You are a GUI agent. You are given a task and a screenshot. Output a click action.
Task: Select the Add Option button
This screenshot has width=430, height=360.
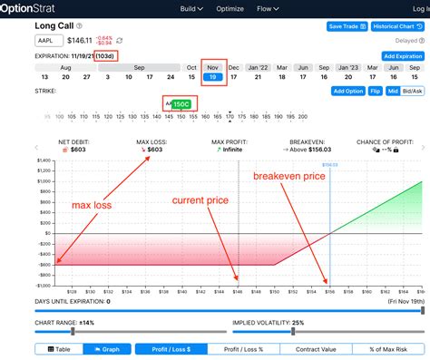(347, 92)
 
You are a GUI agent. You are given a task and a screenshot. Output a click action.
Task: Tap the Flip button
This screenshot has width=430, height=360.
(376, 92)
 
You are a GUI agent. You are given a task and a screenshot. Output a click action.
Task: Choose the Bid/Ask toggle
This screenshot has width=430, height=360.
(413, 92)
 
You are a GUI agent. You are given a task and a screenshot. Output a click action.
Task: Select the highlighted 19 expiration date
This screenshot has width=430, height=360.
(213, 77)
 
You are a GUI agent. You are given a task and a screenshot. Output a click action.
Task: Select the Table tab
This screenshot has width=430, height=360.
(60, 348)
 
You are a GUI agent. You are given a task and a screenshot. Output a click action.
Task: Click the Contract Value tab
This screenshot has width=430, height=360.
(321, 348)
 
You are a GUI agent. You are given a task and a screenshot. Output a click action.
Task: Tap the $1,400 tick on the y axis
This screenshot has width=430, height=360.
(43, 161)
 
